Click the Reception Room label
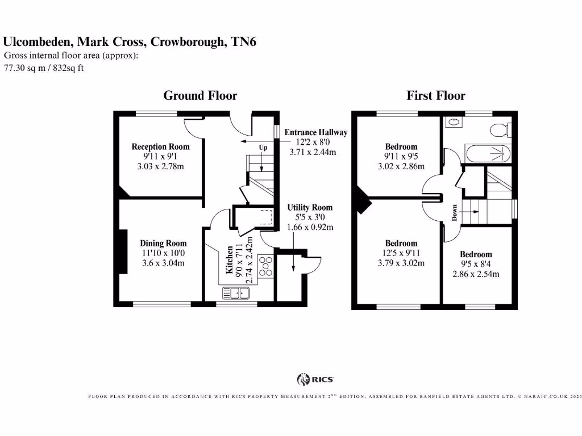click(x=160, y=146)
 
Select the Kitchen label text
click(x=230, y=260)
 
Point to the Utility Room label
click(x=310, y=207)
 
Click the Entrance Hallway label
click(x=316, y=132)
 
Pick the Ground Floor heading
click(x=200, y=95)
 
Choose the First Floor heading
click(x=435, y=95)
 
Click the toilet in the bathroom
click(x=501, y=130)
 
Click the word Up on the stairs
click(x=263, y=148)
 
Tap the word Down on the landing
click(x=455, y=213)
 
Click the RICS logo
click(x=315, y=379)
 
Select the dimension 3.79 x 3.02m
click(x=401, y=263)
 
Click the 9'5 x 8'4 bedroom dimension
click(x=476, y=265)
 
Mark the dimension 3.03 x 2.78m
click(x=161, y=166)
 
